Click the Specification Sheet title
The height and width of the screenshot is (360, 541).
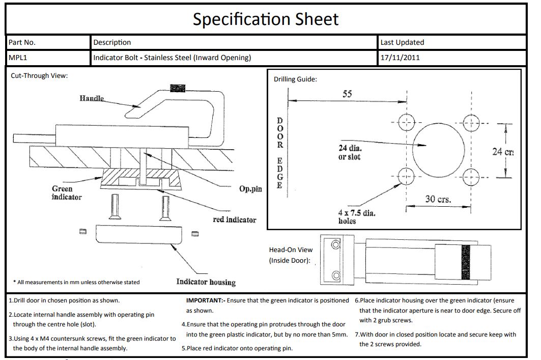(x=265, y=19)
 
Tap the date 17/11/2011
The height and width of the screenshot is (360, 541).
(x=400, y=58)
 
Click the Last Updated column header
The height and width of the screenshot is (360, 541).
(x=402, y=42)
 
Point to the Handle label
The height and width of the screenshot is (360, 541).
(x=92, y=98)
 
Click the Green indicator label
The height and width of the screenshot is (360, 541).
(x=66, y=192)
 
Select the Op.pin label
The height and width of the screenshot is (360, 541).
(x=250, y=189)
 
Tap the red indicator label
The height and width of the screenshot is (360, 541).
(x=234, y=219)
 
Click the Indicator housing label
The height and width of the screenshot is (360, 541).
(x=206, y=282)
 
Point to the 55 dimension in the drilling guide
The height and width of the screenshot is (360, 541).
(x=347, y=94)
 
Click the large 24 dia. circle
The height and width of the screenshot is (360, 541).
(x=438, y=150)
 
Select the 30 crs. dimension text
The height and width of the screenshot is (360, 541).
(x=438, y=199)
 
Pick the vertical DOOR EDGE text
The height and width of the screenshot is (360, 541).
(x=279, y=153)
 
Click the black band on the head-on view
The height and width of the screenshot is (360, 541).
(x=465, y=262)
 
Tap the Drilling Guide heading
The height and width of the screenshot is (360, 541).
(x=295, y=79)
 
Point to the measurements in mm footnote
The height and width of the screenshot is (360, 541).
(x=76, y=282)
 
